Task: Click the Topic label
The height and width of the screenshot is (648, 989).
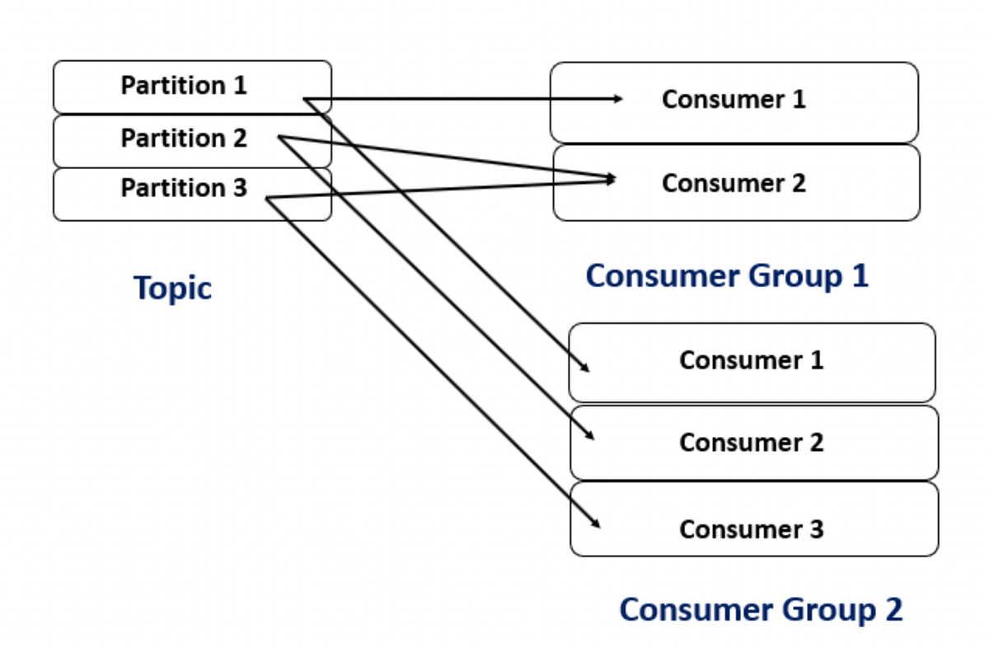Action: click(172, 289)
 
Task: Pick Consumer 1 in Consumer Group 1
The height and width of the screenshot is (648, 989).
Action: click(734, 101)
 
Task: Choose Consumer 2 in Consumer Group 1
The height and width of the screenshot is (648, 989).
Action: click(734, 183)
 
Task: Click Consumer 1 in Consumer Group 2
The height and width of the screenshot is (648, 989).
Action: click(751, 361)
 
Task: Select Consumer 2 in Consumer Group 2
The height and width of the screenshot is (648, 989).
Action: click(751, 443)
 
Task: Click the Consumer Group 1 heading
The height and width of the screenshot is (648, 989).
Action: click(727, 276)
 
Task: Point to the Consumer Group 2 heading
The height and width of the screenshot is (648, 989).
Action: click(761, 610)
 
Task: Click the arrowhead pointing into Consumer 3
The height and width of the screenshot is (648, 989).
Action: click(596, 524)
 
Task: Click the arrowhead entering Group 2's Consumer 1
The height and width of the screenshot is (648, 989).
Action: click(585, 369)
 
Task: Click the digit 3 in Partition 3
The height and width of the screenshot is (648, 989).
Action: click(239, 189)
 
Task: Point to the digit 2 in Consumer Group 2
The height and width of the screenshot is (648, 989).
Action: click(893, 610)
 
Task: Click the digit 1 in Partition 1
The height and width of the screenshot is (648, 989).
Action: click(239, 86)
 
